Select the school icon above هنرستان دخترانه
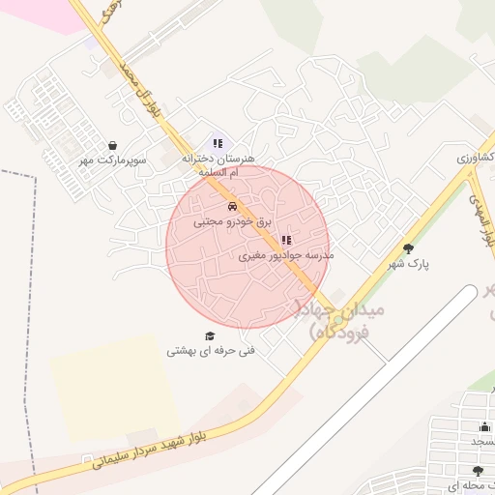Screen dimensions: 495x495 [x=218, y=143]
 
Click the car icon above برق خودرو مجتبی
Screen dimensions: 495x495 [x=232, y=206]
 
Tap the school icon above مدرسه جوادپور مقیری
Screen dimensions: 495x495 [x=284, y=240]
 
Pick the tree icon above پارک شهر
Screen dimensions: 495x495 [x=408, y=247]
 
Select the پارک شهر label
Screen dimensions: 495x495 [x=408, y=263]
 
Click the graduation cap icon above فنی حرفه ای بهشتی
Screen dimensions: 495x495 [x=210, y=335]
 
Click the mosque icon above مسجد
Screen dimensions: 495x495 [x=484, y=426]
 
